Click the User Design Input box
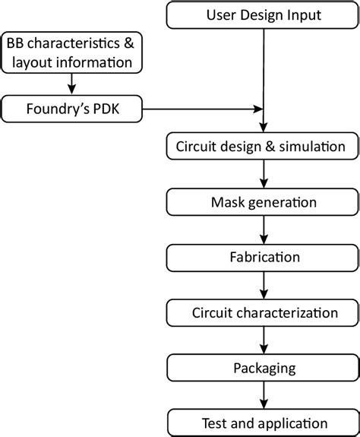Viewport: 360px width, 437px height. pyautogui.click(x=263, y=14)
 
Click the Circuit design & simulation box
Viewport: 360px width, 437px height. pyautogui.click(x=263, y=146)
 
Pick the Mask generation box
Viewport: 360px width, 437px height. pyautogui.click(x=263, y=202)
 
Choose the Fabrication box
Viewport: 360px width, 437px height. pyautogui.click(x=263, y=257)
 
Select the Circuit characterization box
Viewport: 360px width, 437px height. pyautogui.click(x=263, y=312)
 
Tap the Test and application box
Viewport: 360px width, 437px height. pyautogui.click(x=263, y=422)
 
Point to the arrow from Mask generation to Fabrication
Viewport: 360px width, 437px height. pyautogui.click(x=263, y=230)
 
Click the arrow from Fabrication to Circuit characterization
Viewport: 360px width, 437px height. pyautogui.click(x=263, y=284)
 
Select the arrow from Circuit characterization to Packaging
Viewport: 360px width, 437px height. pyautogui.click(x=263, y=339)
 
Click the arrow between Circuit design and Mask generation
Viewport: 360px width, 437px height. pyautogui.click(x=263, y=174)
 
